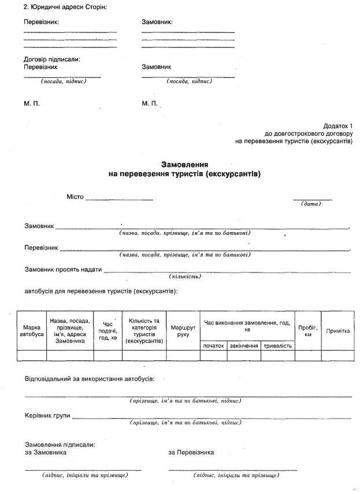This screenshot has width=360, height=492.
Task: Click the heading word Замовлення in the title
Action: [x=184, y=164]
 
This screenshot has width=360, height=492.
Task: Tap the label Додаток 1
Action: [x=337, y=126]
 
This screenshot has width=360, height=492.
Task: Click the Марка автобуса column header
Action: [x=31, y=330]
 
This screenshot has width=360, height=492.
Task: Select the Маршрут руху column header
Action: [x=183, y=330]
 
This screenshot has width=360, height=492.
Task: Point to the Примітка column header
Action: [x=338, y=331]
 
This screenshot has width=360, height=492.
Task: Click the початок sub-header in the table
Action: [x=213, y=345]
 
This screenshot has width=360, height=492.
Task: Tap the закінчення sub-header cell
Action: [x=244, y=345]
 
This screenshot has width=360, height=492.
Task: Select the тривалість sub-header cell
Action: [x=278, y=345]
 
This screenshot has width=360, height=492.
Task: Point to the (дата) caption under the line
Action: [x=311, y=204]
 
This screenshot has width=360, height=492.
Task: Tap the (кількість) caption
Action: [x=185, y=277]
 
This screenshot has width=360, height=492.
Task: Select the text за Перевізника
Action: [x=191, y=452]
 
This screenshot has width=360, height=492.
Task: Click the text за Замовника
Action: [x=46, y=452]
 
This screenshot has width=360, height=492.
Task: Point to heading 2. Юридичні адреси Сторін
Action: [x=65, y=6]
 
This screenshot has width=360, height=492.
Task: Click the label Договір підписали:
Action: [x=52, y=59]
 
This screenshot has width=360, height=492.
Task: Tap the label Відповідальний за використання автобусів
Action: [x=90, y=379]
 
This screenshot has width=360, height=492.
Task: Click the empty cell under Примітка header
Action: [x=338, y=356]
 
